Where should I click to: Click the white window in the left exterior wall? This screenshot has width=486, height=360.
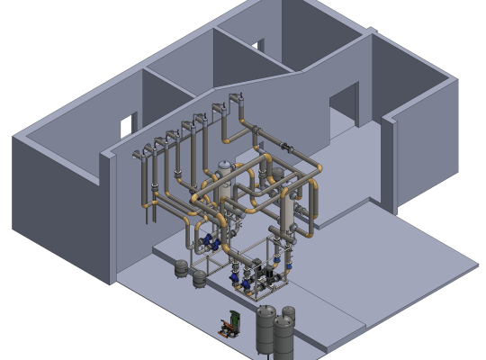click(127, 124)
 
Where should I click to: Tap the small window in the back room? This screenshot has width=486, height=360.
click(260, 44)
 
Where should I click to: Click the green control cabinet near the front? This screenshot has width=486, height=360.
click(232, 319)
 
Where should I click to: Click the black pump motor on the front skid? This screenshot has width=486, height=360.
click(256, 266)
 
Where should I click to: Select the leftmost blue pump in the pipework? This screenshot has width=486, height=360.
click(206, 239)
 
